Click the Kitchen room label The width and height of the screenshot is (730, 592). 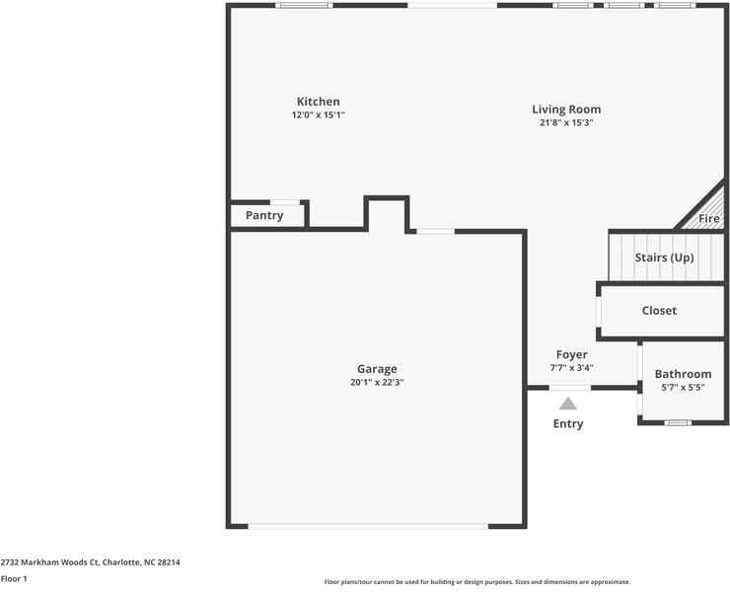click(x=318, y=102)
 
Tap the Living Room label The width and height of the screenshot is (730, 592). click(x=566, y=110)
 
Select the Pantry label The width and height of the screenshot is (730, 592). click(x=263, y=216)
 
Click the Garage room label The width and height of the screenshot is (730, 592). click(x=377, y=369)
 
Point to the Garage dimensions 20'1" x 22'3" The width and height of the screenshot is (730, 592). click(x=377, y=382)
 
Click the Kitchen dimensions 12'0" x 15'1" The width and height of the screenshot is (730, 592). click(x=318, y=115)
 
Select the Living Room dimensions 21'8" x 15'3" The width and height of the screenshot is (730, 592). click(x=566, y=123)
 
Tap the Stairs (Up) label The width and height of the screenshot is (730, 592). click(x=664, y=258)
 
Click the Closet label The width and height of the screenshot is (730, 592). click(x=659, y=311)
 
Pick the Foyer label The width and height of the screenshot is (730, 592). click(x=571, y=354)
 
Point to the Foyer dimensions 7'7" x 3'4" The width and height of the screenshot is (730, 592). click(x=571, y=368)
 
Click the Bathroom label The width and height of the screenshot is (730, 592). click(x=683, y=374)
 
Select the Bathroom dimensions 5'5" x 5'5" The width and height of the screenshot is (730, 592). click(x=683, y=388)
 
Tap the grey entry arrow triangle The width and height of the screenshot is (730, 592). click(x=567, y=403)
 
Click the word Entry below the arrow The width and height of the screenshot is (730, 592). click(x=567, y=424)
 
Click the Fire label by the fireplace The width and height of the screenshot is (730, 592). click(x=709, y=219)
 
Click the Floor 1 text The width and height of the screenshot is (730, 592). click(x=14, y=579)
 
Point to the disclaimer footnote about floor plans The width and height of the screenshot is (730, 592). click(x=476, y=582)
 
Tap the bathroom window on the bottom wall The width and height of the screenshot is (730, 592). click(x=676, y=423)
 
